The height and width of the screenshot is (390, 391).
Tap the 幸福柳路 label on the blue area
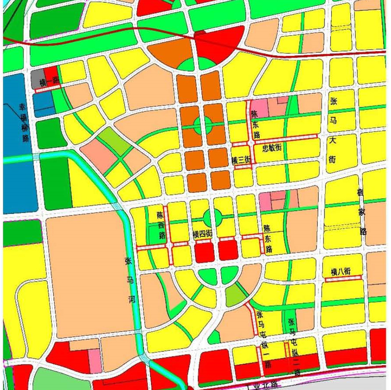pos(24,123)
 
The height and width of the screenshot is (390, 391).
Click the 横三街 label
pos(242,160)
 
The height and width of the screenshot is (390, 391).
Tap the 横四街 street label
pos(202,233)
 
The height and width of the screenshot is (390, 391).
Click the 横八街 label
pos(340,272)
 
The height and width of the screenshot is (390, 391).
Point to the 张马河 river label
pos(132,280)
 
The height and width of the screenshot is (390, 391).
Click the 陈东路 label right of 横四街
pos(268,239)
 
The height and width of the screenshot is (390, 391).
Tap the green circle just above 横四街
pos(213,217)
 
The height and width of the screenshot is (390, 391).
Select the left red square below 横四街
pos(204,253)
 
